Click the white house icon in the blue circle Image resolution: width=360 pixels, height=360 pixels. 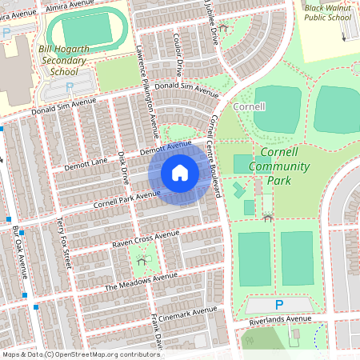(x=180, y=173)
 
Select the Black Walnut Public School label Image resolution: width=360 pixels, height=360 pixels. (x=327, y=11)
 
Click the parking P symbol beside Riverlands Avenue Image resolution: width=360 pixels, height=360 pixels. (x=278, y=305)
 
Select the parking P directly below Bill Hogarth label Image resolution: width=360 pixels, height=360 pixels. (x=70, y=86)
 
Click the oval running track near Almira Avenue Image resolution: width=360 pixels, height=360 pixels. (x=81, y=31)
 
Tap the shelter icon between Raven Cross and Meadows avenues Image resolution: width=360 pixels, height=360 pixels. (x=142, y=260)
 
